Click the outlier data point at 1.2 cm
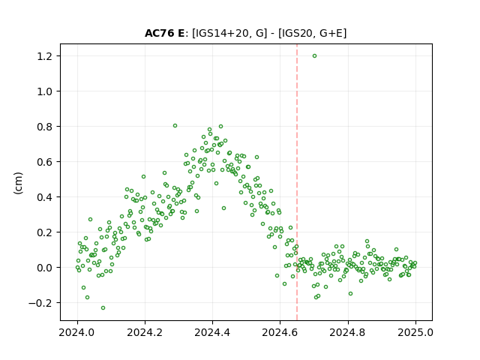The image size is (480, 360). [x=314, y=56]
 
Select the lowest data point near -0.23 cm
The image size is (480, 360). [x=103, y=308]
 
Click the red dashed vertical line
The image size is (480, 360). [x=297, y=182]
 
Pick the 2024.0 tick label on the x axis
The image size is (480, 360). [x=77, y=332]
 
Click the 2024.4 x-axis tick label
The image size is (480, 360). [x=212, y=332]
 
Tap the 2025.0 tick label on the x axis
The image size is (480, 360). [x=415, y=332]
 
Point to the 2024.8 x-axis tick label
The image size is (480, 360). [x=348, y=332]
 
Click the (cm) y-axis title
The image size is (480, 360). [x=18, y=183]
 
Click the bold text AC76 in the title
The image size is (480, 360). [x=159, y=33]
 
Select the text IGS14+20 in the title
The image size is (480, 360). [x=220, y=33]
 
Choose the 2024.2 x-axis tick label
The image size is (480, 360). [x=145, y=332]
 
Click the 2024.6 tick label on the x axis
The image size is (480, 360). [x=280, y=332]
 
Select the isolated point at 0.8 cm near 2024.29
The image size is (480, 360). [x=175, y=125]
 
